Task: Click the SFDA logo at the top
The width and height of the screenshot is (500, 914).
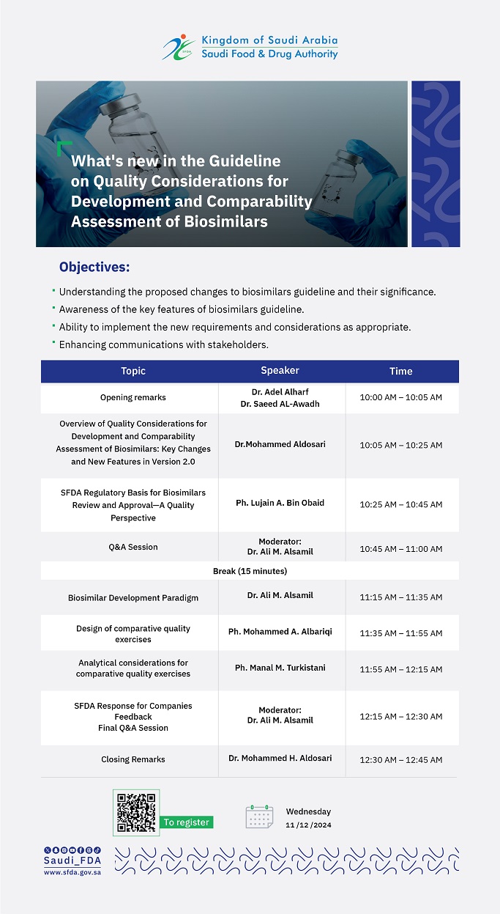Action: point(175,48)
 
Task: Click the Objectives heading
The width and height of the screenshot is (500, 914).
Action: point(94,267)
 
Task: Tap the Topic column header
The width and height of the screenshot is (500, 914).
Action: point(133,371)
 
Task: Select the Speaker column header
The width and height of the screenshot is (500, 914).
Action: point(280,371)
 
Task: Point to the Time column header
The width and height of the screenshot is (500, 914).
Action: point(400,371)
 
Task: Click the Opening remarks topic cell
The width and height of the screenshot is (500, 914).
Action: point(133,397)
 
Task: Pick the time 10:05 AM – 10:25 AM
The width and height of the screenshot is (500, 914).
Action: point(400,445)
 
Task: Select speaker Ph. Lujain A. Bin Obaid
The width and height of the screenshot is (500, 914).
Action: point(280,503)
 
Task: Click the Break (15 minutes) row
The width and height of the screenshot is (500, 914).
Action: point(250,571)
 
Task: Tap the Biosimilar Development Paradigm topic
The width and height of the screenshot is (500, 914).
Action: point(133,597)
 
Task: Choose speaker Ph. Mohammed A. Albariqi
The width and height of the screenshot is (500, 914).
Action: point(280,632)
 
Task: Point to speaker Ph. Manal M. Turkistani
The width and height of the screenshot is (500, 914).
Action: point(280,668)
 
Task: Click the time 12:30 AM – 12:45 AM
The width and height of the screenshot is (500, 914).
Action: point(400,759)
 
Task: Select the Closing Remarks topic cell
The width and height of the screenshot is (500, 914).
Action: point(133,759)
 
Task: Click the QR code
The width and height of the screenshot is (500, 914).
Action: point(136,812)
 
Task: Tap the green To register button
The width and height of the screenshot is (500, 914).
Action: point(187,822)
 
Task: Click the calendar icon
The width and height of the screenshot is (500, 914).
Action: point(259,817)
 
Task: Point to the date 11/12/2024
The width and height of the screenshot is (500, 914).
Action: point(307,825)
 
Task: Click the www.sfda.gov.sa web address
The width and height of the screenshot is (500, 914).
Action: point(72,872)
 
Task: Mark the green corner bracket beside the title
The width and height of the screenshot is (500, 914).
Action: point(64,147)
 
